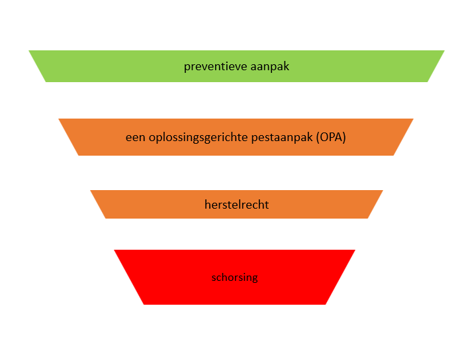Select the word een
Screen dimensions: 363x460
[135, 138]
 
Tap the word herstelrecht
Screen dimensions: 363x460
[236, 205]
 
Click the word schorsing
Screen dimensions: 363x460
[234, 278]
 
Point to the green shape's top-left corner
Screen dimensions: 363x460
[29, 51]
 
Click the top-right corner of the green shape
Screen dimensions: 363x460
[444, 51]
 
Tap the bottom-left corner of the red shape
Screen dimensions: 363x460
[144, 304]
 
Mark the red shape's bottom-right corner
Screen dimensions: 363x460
[326, 304]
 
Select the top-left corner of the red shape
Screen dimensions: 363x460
[115, 250]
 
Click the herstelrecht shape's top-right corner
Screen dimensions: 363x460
[383, 191]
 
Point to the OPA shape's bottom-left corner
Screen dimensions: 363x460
[78, 155]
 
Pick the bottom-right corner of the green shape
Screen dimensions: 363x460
[427, 81]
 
